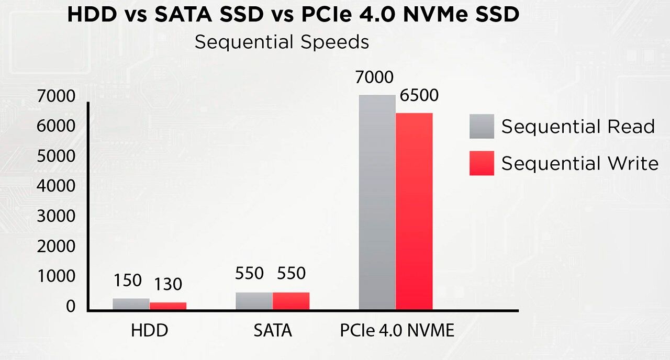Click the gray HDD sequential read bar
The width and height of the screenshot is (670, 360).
pyautogui.click(x=131, y=304)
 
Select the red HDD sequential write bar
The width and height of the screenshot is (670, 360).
pyautogui.click(x=168, y=306)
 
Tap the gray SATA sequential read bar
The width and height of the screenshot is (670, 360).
pyautogui.click(x=254, y=301)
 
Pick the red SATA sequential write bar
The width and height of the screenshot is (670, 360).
pyautogui.click(x=291, y=301)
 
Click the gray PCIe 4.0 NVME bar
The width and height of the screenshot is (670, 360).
pyautogui.click(x=377, y=202)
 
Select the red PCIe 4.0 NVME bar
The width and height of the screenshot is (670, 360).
pyautogui.click(x=414, y=211)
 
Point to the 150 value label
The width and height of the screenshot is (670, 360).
pyautogui.click(x=128, y=280)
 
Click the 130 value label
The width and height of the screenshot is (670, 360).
pyautogui.click(x=168, y=284)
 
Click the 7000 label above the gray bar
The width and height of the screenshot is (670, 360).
pyautogui.click(x=374, y=77)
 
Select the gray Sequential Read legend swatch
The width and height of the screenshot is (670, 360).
pyautogui.click(x=482, y=126)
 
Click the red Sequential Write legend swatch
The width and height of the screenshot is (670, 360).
pyautogui.click(x=482, y=163)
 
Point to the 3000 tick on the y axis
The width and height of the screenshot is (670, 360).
pyautogui.click(x=56, y=216)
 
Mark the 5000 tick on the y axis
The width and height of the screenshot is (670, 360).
pyautogui.click(x=56, y=156)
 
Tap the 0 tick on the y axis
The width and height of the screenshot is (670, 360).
pyautogui.click(x=70, y=307)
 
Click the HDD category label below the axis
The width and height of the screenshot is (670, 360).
pyautogui.click(x=150, y=331)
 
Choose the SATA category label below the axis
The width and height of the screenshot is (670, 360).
pyautogui.click(x=273, y=331)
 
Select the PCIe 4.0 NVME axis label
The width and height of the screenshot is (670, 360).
pyautogui.click(x=397, y=331)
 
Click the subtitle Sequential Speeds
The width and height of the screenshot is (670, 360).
pyautogui.click(x=282, y=42)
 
